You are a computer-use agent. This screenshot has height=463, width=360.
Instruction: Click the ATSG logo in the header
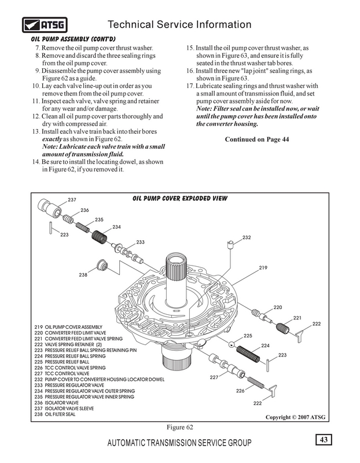click(45, 25)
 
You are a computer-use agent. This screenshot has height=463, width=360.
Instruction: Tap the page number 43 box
click(324, 440)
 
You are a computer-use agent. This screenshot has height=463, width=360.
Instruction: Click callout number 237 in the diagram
click(72, 200)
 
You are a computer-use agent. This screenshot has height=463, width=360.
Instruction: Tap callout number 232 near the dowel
click(247, 237)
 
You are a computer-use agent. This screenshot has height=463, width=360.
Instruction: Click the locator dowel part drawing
click(230, 245)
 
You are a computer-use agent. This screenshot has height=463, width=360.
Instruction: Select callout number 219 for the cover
click(263, 268)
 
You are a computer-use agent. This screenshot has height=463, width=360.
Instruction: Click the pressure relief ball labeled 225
click(232, 344)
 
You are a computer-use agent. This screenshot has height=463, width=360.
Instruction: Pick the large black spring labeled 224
click(248, 354)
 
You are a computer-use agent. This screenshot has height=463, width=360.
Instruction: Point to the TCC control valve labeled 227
click(227, 365)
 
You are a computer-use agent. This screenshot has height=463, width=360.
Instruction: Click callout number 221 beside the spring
click(297, 318)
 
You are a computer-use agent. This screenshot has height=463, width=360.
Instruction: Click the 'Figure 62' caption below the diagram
click(180, 427)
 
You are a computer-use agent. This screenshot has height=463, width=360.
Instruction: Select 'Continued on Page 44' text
click(257, 139)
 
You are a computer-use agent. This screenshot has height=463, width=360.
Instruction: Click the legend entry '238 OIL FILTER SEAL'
click(55, 414)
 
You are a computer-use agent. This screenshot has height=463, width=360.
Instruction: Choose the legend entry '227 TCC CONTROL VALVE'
click(62, 373)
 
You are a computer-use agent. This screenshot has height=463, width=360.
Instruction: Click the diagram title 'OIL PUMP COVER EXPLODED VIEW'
click(180, 199)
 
